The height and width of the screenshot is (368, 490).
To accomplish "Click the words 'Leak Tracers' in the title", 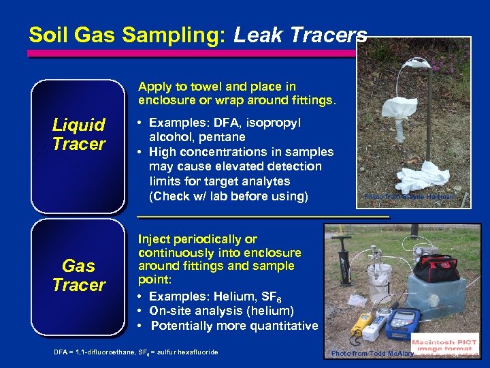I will [300, 35].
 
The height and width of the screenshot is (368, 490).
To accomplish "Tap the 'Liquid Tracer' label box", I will [79, 134].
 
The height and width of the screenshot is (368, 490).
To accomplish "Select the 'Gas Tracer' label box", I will [79, 275].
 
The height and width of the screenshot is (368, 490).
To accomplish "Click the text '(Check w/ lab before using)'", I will [228, 196].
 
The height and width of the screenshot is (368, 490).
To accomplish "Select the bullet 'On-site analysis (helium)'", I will [221, 311].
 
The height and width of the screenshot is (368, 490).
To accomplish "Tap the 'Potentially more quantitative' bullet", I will [233, 326].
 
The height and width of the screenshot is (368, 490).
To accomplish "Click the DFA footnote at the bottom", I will [136, 352].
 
